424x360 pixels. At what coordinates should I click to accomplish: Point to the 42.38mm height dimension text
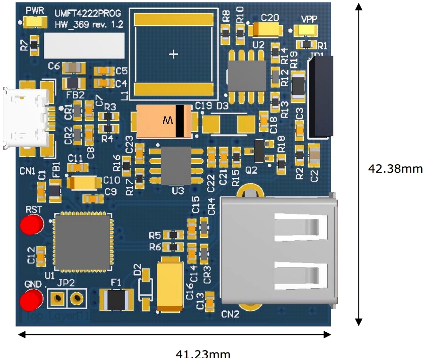(x=395, y=168)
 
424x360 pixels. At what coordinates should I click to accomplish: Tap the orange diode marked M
(x=163, y=121)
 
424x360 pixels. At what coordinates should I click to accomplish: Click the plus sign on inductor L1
(x=174, y=55)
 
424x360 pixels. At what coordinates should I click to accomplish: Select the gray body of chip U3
(x=176, y=166)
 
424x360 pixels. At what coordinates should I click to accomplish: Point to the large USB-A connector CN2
(x=279, y=250)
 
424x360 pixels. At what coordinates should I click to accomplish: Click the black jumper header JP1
(x=322, y=97)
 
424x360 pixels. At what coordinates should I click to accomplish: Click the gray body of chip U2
(x=247, y=75)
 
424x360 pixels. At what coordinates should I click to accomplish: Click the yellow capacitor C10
(x=85, y=183)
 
